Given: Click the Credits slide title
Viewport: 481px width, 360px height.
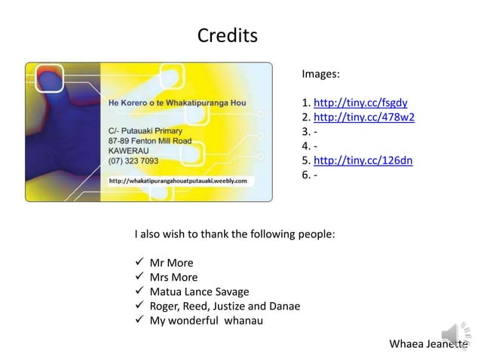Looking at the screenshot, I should click(x=227, y=35).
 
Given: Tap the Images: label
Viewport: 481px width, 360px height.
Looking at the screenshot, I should click(x=320, y=75).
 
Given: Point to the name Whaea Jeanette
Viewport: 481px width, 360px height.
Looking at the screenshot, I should click(x=427, y=345).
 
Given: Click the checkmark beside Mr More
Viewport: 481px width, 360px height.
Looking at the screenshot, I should click(x=139, y=263).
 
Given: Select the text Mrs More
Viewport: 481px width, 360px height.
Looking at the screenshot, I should click(x=174, y=277).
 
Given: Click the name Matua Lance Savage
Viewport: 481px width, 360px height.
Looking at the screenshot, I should click(x=199, y=291).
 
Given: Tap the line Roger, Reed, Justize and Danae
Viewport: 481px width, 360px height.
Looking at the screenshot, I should click(x=225, y=306).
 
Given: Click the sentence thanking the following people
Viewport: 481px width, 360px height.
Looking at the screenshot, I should click(x=234, y=234).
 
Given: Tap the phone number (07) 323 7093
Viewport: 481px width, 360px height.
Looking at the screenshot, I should click(x=133, y=160).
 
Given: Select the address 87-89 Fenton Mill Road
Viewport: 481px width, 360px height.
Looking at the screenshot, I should click(x=149, y=140).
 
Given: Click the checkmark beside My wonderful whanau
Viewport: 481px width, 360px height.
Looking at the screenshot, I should click(x=139, y=320).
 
